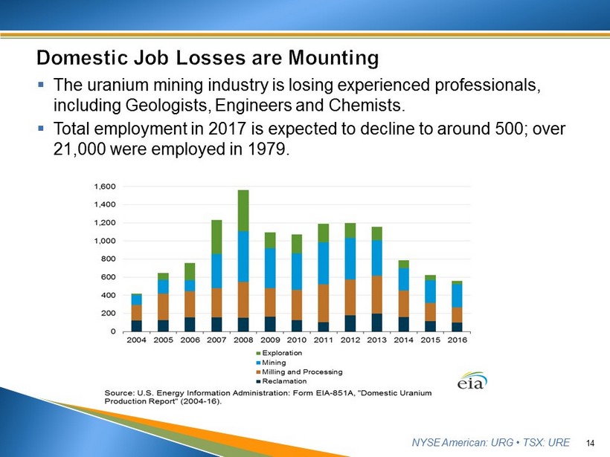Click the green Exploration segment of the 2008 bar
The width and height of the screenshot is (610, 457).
point(243,210)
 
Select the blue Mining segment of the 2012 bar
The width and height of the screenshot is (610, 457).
point(350,259)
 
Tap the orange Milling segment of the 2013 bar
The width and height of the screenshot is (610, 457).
point(377,295)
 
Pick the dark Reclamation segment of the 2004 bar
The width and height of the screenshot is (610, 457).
point(136,326)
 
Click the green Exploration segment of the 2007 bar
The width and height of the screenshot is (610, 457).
point(216,237)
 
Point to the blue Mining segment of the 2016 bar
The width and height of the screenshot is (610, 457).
point(457,296)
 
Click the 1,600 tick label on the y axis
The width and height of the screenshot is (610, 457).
point(105,187)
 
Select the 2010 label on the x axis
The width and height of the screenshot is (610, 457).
point(297,340)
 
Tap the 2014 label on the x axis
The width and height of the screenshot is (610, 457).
point(403,340)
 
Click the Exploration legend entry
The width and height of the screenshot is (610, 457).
point(279,353)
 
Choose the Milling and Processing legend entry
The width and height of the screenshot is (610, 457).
point(299,372)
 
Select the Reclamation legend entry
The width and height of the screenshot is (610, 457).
point(281,381)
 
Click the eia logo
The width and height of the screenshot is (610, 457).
point(472,380)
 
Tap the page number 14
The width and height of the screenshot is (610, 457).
point(590,443)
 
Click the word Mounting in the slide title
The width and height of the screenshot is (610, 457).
point(333,58)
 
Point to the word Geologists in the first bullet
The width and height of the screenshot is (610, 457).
point(168,106)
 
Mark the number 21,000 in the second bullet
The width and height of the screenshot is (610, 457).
point(79,149)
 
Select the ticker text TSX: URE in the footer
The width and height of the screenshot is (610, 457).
point(546,443)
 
